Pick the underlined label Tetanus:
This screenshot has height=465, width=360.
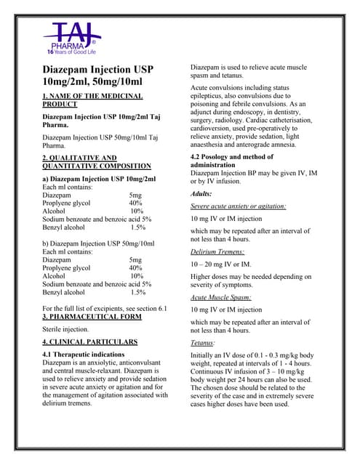point(203,342)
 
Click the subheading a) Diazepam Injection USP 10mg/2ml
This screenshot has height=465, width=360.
point(99,178)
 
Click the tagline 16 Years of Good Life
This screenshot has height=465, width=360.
point(71,52)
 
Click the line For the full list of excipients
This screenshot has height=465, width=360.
point(105,309)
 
